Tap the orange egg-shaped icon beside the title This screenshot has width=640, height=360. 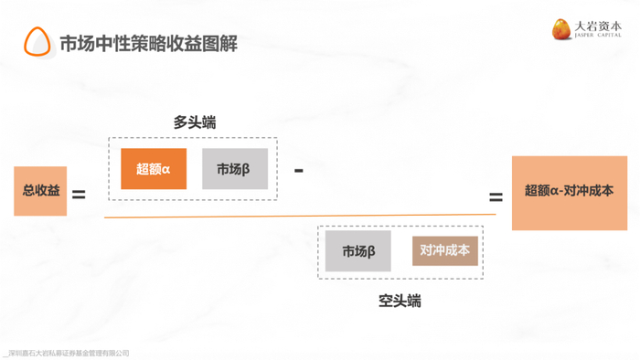click(x=37, y=41)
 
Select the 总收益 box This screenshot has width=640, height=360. click(x=40, y=191)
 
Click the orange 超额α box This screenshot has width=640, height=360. click(x=154, y=169)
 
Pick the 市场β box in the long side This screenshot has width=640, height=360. click(x=235, y=169)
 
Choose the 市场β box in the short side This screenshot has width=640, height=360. click(x=358, y=250)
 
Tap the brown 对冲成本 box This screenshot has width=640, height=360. click(x=445, y=249)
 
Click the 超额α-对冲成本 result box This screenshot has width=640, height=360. click(x=569, y=192)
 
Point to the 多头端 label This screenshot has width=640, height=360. click(x=195, y=122)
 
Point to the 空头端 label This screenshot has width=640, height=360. click(x=400, y=300)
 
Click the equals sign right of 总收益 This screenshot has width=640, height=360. click(x=79, y=195)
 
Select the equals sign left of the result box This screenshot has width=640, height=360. click(x=496, y=197)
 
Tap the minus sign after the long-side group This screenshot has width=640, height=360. click(x=299, y=170)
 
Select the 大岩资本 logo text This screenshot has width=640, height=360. click(x=600, y=26)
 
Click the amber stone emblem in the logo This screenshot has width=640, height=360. click(x=561, y=29)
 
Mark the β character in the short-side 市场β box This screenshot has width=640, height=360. click(x=372, y=251)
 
